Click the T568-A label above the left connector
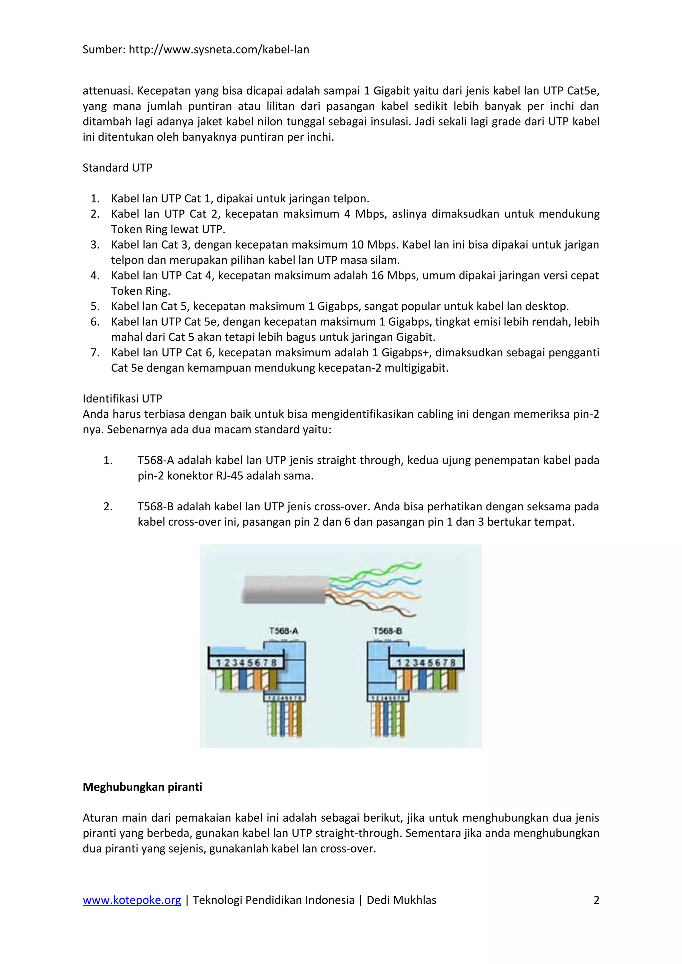(x=284, y=631)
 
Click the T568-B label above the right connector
(x=387, y=631)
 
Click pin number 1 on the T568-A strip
(x=218, y=663)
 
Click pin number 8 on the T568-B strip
(x=452, y=663)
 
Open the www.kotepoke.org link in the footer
(x=132, y=900)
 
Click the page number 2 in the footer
(x=596, y=900)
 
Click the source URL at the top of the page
(x=218, y=50)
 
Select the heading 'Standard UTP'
(x=117, y=168)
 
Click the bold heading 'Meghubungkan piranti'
(x=142, y=787)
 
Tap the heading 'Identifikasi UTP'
(x=122, y=399)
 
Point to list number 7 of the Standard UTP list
(x=95, y=352)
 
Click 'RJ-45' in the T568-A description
(x=230, y=476)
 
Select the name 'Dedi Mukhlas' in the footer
(x=401, y=900)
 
